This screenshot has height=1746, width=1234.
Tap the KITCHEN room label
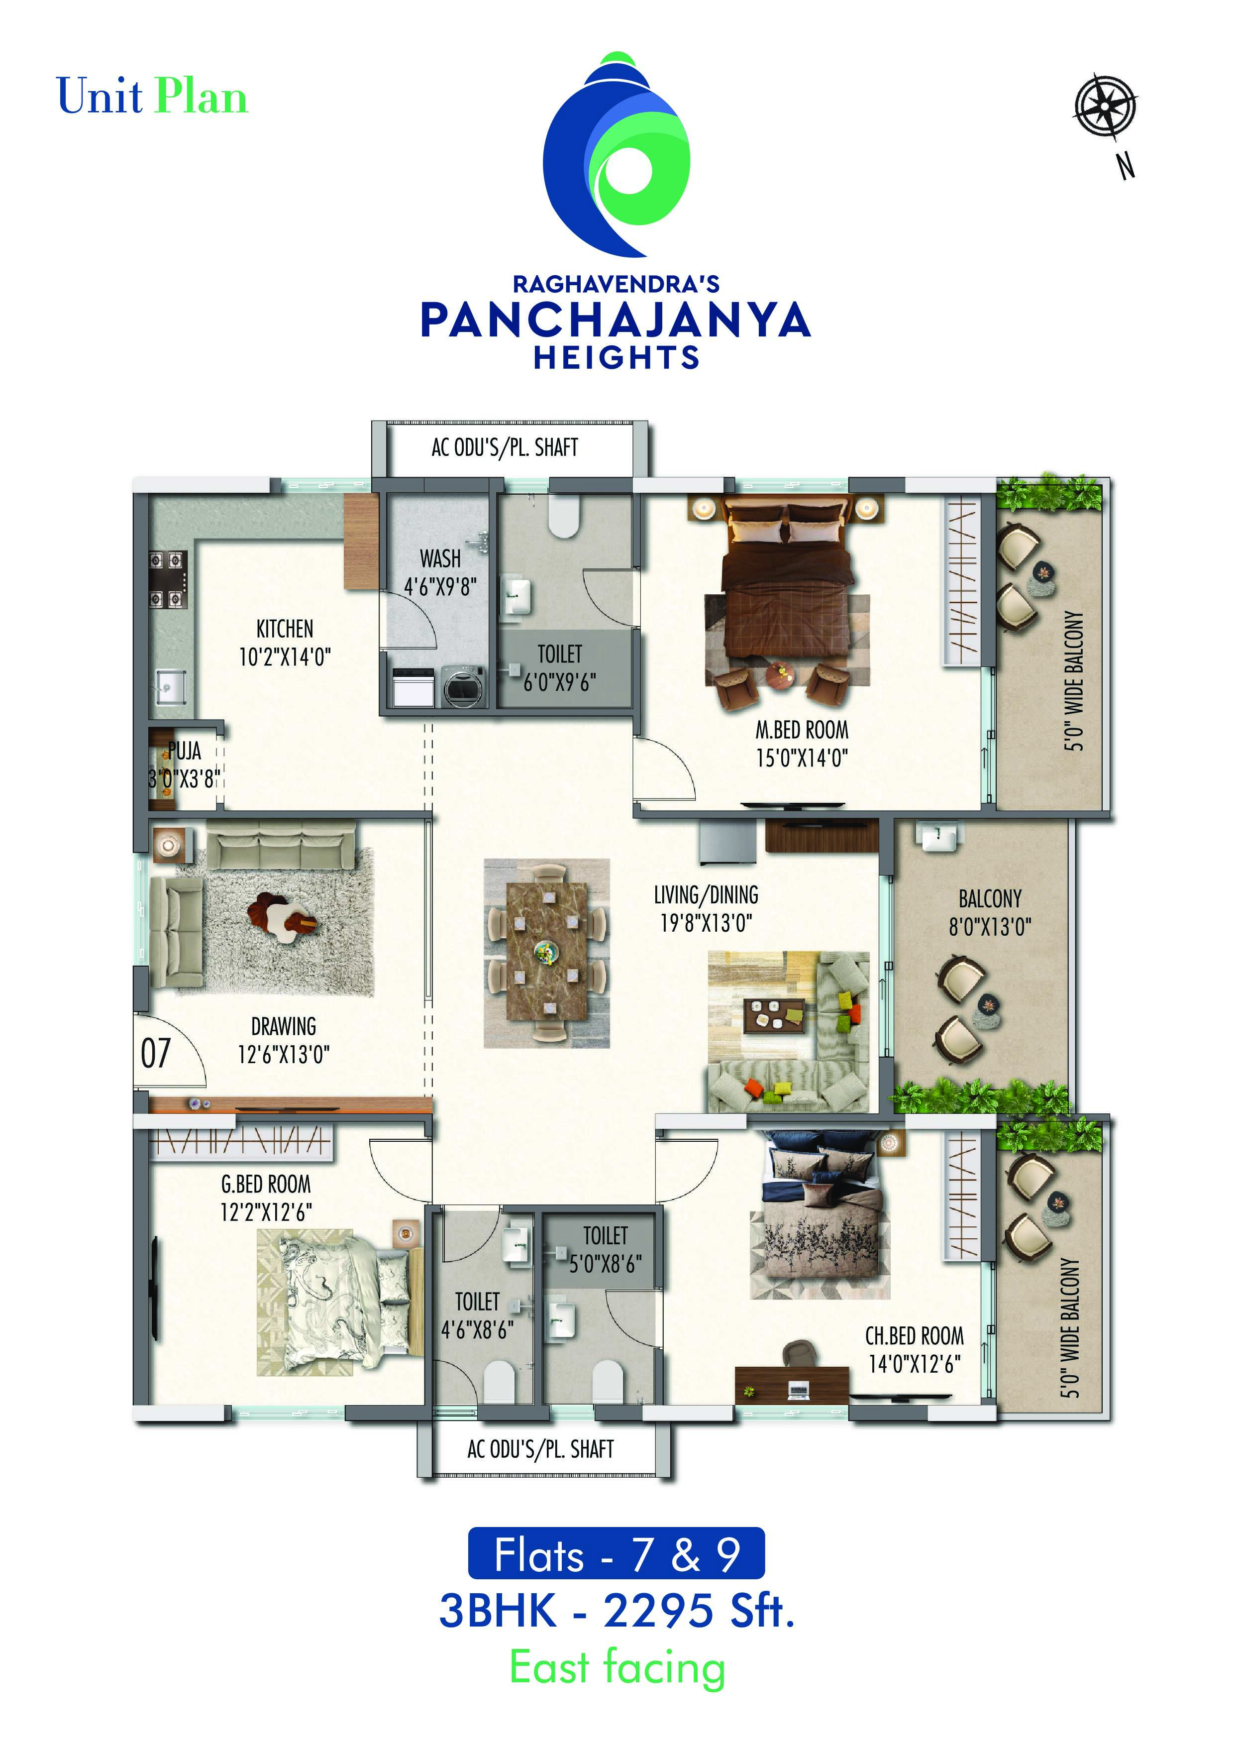284,629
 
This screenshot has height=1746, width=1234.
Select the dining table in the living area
546,953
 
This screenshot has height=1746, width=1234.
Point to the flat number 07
156,1053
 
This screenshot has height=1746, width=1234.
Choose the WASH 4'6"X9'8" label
440,572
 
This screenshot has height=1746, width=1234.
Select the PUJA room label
185,752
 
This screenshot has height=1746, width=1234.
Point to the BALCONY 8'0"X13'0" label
990,912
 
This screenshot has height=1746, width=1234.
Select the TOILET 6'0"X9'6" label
560,667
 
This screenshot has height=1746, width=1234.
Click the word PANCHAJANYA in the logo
616,320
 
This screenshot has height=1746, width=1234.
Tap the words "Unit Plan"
152,97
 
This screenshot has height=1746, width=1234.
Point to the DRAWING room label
284,1027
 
